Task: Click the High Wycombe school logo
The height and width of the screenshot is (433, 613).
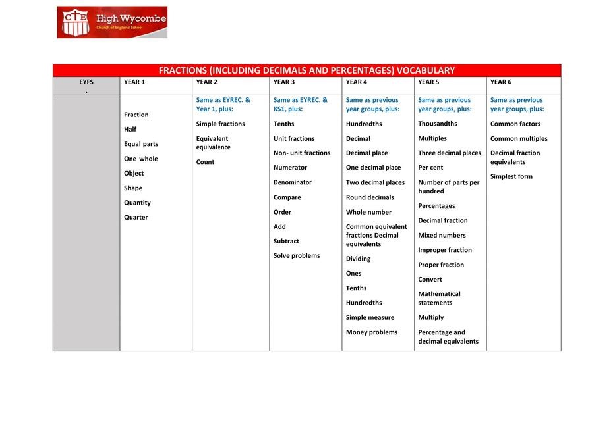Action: (112, 22)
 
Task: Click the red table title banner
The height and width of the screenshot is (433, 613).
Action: (306, 70)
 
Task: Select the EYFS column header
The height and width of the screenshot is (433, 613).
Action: (86, 82)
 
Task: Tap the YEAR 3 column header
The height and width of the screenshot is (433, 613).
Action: (284, 82)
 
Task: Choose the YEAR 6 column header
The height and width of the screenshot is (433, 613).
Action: (501, 82)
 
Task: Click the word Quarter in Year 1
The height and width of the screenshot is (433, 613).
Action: (136, 218)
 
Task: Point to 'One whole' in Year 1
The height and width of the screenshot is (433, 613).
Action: (141, 159)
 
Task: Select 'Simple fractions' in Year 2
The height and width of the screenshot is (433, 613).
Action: (220, 124)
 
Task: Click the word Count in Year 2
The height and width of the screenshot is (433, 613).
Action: (205, 162)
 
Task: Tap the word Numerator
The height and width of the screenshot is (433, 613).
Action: (290, 168)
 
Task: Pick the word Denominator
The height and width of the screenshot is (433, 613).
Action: (293, 182)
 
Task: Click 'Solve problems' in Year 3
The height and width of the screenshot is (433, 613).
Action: (297, 256)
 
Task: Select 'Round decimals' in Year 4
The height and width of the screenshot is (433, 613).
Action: (370, 197)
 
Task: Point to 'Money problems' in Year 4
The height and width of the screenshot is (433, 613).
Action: (372, 332)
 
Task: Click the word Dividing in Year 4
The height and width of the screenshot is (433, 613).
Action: (358, 259)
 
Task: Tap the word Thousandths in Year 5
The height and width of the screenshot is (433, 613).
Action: (438, 124)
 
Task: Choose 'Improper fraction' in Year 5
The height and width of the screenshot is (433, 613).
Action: (445, 250)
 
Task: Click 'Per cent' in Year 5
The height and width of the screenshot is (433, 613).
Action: (430, 168)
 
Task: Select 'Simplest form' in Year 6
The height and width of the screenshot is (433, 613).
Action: (511, 176)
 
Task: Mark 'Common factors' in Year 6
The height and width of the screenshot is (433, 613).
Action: (515, 124)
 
